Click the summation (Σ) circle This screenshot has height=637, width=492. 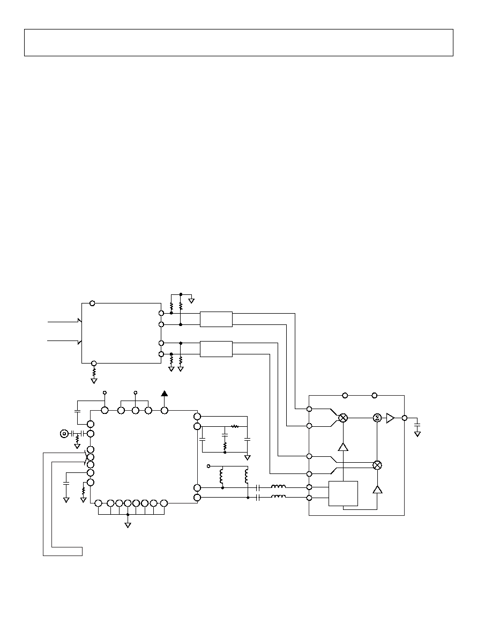coord(377,418)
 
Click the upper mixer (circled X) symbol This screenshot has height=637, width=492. coord(344,418)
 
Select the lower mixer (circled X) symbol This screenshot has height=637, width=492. coord(377,465)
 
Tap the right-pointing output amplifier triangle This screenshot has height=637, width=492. coord(390,418)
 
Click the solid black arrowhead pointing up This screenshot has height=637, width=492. coord(165,393)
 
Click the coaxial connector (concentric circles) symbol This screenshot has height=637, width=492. coord(64,433)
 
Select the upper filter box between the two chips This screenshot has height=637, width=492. coord(216,320)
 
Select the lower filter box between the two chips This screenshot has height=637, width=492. coord(216,349)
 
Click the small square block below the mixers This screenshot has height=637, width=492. coord(343,494)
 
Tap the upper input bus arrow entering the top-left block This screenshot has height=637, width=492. coord(65,322)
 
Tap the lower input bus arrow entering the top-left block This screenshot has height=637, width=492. coord(65,341)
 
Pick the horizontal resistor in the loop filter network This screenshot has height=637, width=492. coord(235,427)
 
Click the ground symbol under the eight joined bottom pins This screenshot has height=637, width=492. coord(128,525)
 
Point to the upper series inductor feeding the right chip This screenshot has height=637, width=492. coord(278,486)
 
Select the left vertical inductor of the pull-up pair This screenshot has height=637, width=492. coord(222,476)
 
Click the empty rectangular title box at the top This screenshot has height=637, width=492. coord(238,43)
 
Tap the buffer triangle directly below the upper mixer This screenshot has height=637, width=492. coord(344,447)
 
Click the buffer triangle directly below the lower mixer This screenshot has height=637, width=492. coord(377,489)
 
